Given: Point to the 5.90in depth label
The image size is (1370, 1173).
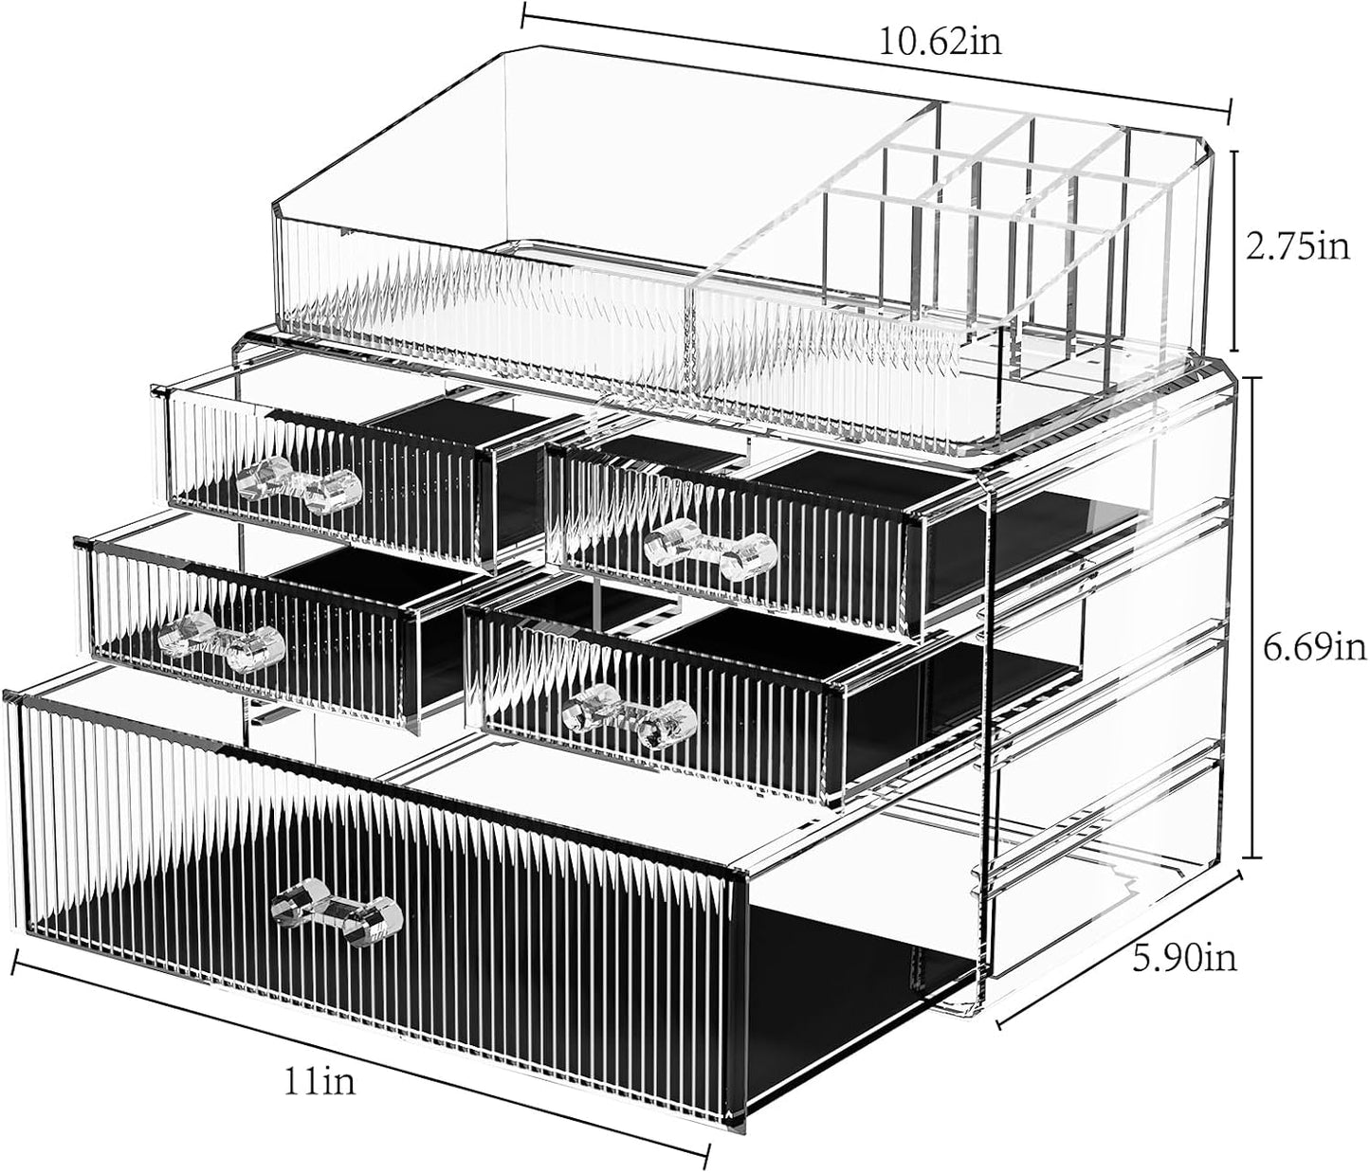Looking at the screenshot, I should [x=1186, y=959].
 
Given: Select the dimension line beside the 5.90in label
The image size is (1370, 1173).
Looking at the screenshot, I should [x=1119, y=948].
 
